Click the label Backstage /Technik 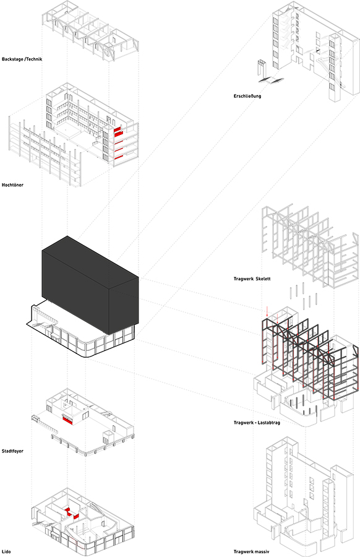pos(22,59)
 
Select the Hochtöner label pos(12,184)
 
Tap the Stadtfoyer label pos(12,451)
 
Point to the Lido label pos(6,551)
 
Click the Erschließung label pos(247,96)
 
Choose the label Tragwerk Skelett pos(252,278)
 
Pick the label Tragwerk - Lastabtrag pos(257,422)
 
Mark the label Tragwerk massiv pos(251,551)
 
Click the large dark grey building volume pos(90,284)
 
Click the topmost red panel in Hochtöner pos(118,132)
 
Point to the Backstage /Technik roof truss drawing pos(90,29)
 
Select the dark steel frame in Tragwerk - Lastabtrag pos(309,359)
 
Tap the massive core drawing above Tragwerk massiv pos(304,494)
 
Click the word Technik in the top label pos(34,59)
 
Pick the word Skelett pos(263,278)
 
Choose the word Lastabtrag pos(269,422)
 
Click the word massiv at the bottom pos(262,551)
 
